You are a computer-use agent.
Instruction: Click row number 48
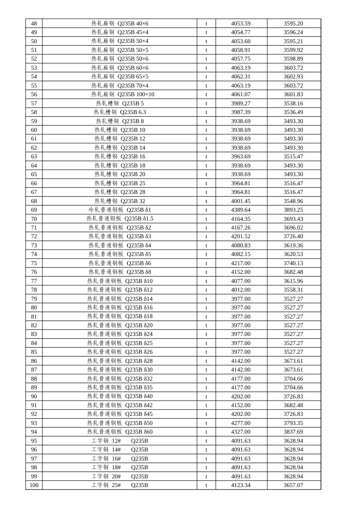(34, 23)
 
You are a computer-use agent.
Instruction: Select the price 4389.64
(241, 210)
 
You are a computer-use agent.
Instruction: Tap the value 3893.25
(293, 210)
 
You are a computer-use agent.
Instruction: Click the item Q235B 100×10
(120, 94)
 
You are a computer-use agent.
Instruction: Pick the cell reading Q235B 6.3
(120, 112)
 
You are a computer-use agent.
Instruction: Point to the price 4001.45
(241, 201)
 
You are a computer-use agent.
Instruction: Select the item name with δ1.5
(120, 219)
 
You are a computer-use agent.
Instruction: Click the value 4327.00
(241, 432)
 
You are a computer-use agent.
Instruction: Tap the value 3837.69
(293, 432)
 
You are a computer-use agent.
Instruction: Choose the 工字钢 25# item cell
(120, 485)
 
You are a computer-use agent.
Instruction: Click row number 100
(34, 485)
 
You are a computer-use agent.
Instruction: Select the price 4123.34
(241, 485)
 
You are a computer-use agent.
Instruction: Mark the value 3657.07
(293, 485)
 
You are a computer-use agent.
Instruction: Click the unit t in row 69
(207, 210)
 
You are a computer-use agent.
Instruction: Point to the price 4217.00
(241, 263)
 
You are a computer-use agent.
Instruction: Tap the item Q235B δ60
(120, 432)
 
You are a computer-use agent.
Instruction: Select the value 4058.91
(241, 50)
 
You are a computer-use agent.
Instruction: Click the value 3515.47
(293, 156)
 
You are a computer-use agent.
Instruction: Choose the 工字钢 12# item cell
(120, 441)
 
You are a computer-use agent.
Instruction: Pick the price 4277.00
(241, 423)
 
